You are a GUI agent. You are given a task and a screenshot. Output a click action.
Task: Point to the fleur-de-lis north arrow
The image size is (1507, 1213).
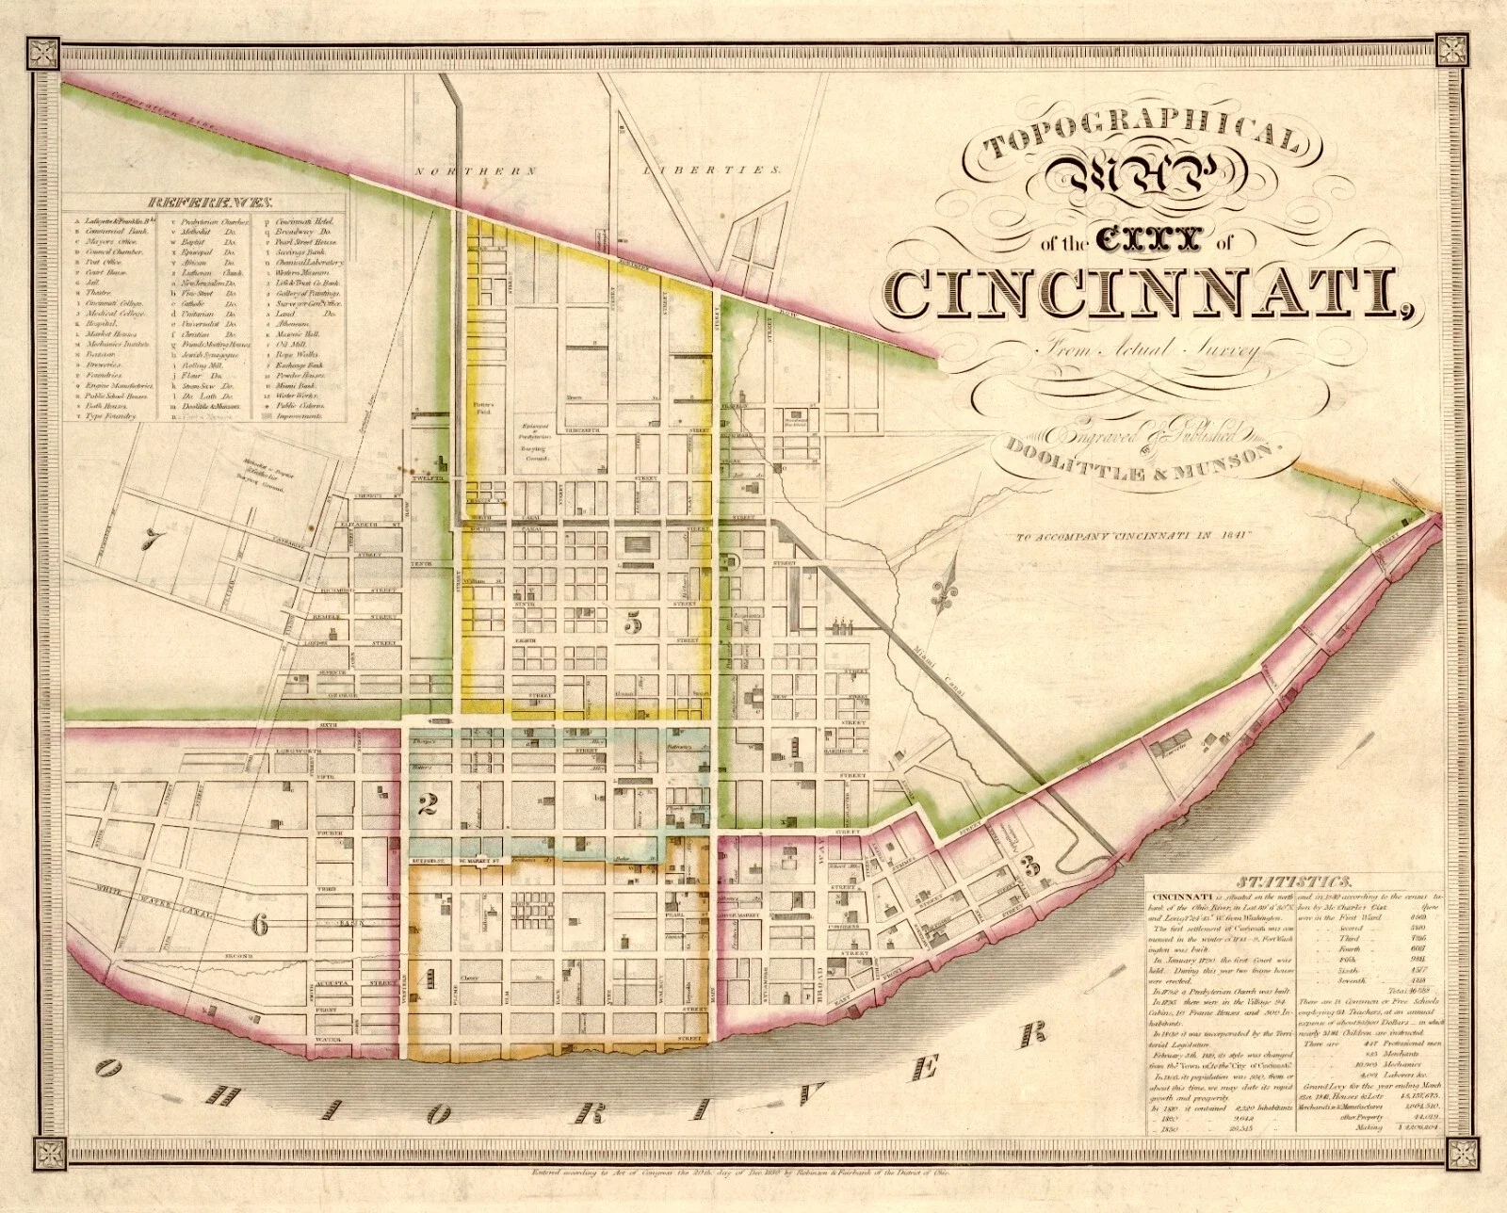944,591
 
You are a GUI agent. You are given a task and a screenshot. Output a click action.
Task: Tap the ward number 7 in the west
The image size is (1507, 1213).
148,539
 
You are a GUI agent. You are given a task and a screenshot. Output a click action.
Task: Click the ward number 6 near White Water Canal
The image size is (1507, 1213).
260,925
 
